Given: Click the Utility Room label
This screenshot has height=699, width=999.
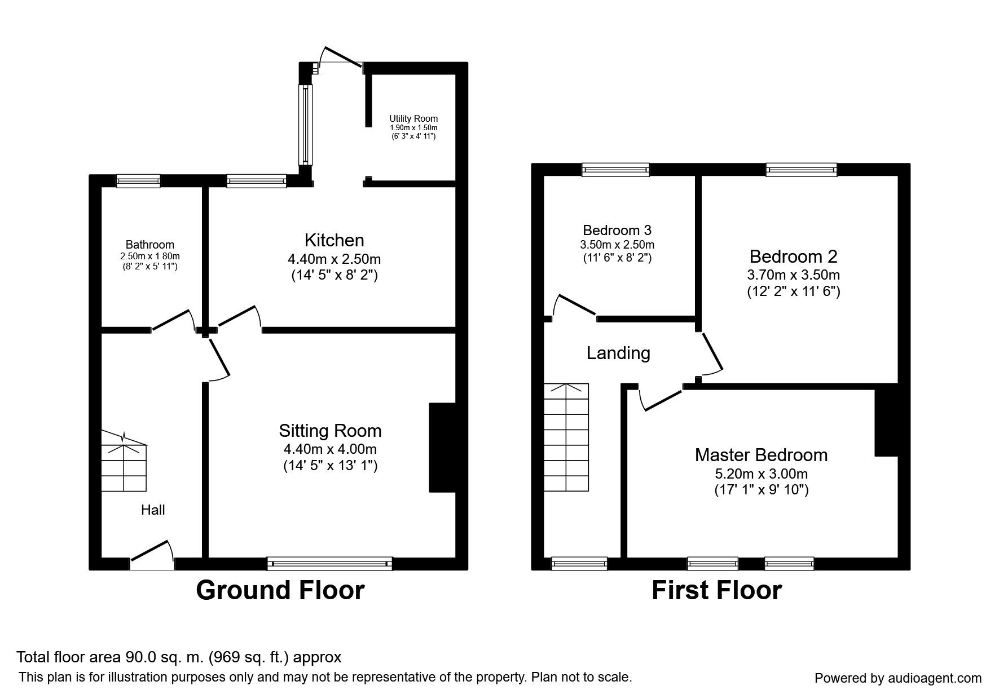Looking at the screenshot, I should point(413,119).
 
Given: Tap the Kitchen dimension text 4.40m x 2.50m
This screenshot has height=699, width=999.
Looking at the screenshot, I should point(334,259).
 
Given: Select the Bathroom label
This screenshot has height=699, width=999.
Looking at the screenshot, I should point(149,245).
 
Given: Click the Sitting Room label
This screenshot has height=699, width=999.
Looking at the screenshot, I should point(330,431).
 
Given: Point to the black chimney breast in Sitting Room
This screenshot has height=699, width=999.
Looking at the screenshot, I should point(442,448).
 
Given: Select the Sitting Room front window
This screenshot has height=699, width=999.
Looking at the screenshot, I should point(329,563).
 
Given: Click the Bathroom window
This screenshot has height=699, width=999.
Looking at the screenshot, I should point(138,180).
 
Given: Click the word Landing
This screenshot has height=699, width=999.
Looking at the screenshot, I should point(618,353).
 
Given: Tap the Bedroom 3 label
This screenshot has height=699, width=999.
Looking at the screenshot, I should point(617,230).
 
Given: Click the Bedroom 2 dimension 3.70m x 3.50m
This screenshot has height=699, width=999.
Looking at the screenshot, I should point(793,275).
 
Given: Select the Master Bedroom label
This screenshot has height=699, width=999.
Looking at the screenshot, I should point(761,455).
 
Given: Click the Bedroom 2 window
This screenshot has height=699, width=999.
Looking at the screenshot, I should point(801,169).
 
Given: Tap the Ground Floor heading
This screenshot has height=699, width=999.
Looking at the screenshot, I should point(280,590).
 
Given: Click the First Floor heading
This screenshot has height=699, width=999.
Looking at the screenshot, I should point(716,590).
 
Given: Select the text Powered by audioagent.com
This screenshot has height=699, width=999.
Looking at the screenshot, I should point(898,678).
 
